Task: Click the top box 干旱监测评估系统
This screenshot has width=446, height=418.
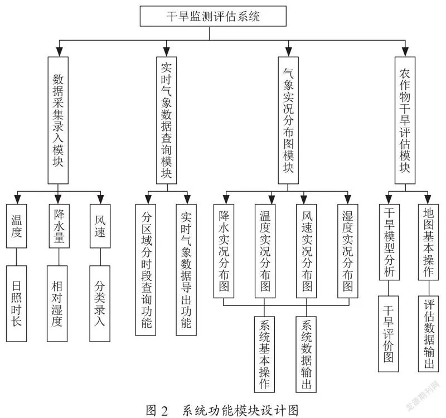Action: click(213, 16)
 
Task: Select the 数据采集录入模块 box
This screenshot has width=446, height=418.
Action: click(58, 120)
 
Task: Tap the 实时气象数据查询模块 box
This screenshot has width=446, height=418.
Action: click(166, 120)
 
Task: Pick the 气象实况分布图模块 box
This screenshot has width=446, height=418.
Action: click(288, 120)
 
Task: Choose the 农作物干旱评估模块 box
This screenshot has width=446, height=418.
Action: click(405, 120)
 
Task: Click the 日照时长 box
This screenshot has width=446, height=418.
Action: click(17, 304)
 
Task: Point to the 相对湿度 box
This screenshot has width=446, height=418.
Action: click(57, 304)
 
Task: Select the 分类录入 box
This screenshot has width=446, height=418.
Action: click(100, 304)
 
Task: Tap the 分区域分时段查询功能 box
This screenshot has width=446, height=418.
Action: click(146, 270)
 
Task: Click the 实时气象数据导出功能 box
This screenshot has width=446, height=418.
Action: click(186, 270)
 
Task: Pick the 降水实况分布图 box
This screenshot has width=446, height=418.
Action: click(224, 251)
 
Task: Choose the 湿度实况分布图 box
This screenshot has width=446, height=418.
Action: click(347, 251)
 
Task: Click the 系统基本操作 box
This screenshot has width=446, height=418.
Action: click(264, 354)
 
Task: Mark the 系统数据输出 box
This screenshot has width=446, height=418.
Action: click(306, 354)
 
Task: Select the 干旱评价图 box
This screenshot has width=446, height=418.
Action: click(388, 334)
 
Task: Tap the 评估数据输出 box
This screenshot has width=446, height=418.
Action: click(428, 334)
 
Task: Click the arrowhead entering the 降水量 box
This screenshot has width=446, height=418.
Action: click(58, 200)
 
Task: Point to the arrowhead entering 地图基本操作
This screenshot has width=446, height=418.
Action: click(428, 200)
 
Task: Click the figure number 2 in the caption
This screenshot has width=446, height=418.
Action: click(164, 411)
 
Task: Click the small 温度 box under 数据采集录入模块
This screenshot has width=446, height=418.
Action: click(17, 226)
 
